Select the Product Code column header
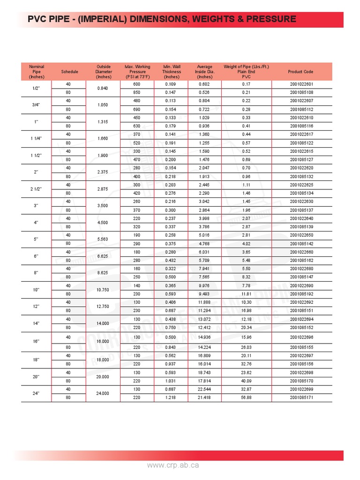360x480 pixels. point(300,72)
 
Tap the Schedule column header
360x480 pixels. point(69,72)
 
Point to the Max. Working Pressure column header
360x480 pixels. point(137,72)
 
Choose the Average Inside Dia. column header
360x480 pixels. point(204,72)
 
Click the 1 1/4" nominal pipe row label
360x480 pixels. point(37,139)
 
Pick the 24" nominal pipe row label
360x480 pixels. point(37,393)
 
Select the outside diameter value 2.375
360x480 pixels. point(103,172)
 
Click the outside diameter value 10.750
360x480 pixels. point(103,290)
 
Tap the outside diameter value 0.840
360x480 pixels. point(103,88)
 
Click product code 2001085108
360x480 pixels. point(301,92)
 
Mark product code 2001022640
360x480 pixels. point(301,218)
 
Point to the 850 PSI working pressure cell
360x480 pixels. point(137,92)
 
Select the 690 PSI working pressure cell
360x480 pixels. point(137,109)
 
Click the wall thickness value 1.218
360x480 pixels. point(170,397)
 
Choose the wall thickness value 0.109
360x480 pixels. point(170,84)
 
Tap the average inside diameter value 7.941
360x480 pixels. point(204,269)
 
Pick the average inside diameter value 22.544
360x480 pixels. point(204,389)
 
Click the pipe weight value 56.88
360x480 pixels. point(246,397)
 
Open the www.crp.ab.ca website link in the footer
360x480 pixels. point(173,465)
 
